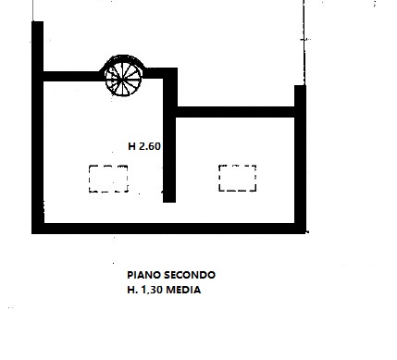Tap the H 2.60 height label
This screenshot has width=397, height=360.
pos(143,145)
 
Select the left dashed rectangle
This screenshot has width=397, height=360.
pos(108,178)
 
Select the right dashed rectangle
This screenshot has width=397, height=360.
pos(237,177)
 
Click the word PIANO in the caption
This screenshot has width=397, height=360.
pos(143,275)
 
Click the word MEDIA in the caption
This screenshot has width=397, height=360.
pos(184,290)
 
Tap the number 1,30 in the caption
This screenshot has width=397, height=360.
pos(152,290)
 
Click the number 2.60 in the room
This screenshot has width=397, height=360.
pos(149,145)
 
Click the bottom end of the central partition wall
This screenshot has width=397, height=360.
pos(169,197)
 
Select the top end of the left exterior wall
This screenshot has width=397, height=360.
pos(37,25)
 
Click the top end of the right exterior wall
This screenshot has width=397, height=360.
pos(300,90)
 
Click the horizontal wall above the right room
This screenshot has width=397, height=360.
pos(236,113)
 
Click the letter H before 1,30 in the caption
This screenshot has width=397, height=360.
pos(130,290)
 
